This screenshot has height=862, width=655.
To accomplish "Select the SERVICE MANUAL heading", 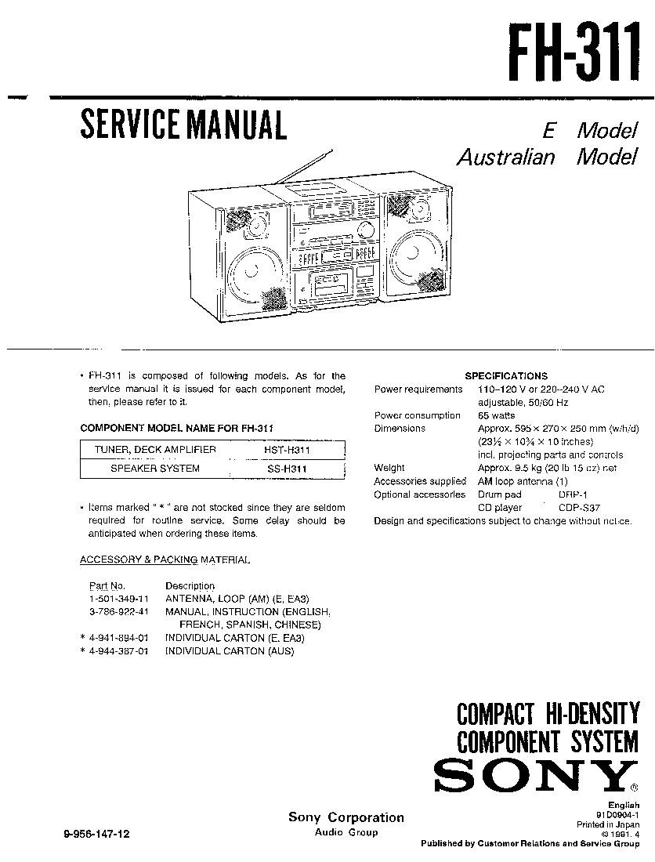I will pos(183,125).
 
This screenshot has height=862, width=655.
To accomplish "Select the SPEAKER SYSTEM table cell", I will pos(154,469).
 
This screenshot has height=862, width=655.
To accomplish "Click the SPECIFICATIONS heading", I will pos(506,376).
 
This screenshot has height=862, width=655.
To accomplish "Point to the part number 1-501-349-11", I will pos(118,599).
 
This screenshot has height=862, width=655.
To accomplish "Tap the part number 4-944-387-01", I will pos(118,651).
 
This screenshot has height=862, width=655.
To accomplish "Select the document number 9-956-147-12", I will pos(93,835).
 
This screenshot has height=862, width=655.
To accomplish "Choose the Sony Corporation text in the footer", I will pos(346,817).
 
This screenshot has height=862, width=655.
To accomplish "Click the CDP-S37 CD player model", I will pos(579,508).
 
